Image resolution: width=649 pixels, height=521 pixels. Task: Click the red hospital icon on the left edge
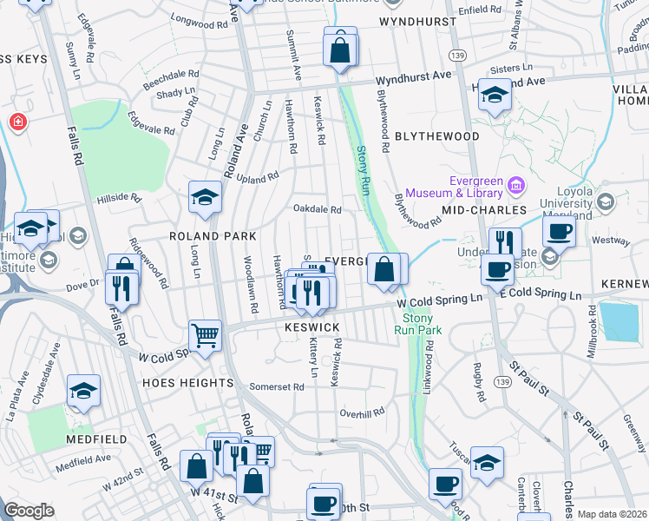16,122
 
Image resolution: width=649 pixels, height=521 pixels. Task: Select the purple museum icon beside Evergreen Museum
517,184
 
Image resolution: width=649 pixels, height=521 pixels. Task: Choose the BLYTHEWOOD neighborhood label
436,136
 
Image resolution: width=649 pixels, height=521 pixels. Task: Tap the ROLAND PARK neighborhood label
213,236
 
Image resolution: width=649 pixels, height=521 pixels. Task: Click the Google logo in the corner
29,511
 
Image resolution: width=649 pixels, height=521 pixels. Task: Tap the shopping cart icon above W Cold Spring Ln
205,334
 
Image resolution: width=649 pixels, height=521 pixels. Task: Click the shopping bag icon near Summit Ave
340,48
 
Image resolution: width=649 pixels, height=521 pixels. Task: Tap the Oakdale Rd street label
317,209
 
